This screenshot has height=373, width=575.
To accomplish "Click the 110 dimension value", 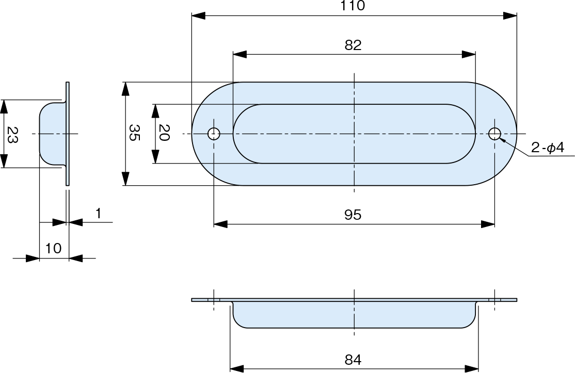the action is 353,6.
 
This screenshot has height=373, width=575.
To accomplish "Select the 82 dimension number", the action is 353,45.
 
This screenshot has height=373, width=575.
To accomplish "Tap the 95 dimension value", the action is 353,215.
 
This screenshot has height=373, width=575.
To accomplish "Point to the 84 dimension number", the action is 353,360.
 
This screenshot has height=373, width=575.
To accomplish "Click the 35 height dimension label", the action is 134,133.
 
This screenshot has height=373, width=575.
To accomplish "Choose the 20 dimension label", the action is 164,133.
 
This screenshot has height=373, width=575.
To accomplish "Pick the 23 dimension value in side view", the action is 12,135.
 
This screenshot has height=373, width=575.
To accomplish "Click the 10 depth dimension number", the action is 53,249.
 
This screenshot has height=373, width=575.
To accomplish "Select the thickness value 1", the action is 98,213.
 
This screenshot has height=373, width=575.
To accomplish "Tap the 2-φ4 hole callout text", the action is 548,148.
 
